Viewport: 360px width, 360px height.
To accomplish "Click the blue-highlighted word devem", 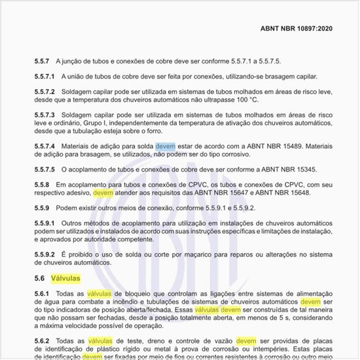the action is [166, 145].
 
